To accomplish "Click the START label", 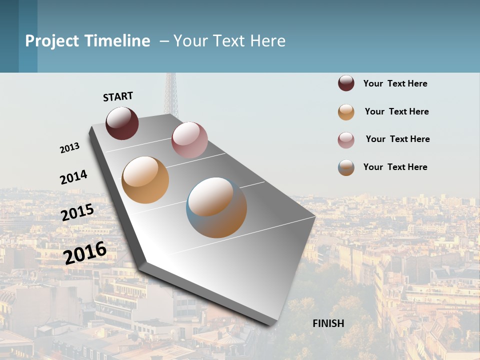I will [x=118, y=96].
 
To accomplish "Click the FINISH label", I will [x=328, y=323].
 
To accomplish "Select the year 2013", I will [x=69, y=148].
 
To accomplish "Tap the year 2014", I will [x=73, y=177].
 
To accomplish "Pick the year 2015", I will [x=77, y=212].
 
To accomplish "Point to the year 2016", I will [x=85, y=252].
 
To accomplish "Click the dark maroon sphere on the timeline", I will [x=122, y=123].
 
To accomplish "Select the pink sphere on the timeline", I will [x=189, y=139].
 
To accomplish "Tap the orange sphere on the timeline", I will [x=145, y=180].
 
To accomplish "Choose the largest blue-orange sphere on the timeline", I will [x=216, y=207].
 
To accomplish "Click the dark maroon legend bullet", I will [x=346, y=83].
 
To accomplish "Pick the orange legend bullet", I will [x=346, y=112].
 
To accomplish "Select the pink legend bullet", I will [x=346, y=140].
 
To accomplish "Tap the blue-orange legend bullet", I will [x=346, y=167].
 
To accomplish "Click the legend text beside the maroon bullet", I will [x=395, y=83].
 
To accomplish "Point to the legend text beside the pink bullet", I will [x=397, y=139].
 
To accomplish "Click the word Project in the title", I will [x=52, y=41].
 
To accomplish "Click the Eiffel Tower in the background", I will [x=171, y=95].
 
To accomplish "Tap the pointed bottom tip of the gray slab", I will [x=272, y=324].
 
